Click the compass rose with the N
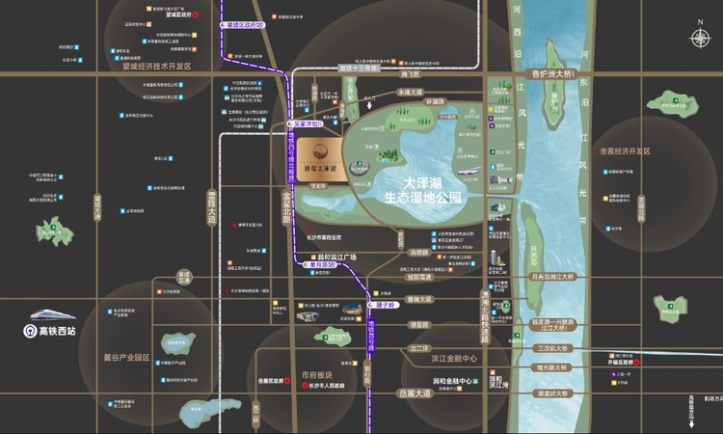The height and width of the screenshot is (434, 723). [x=700, y=38]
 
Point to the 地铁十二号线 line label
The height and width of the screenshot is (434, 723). [x=362, y=68]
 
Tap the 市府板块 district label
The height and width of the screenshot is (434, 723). [x=316, y=375]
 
